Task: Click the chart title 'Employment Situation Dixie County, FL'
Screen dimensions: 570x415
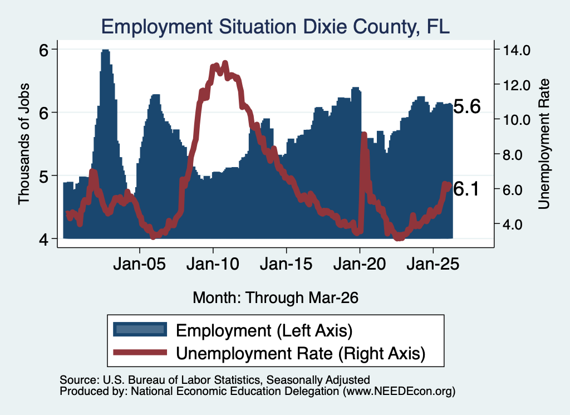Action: (x=275, y=27)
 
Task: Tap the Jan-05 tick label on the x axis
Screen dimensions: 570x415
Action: (x=140, y=263)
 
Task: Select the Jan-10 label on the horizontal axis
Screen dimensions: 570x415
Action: (x=213, y=263)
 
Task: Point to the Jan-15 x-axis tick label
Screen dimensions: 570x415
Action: (x=287, y=263)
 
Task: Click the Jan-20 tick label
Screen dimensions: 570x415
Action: (x=360, y=263)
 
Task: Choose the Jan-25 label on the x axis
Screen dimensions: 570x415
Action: (x=433, y=263)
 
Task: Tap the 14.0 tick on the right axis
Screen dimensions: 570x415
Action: (x=517, y=50)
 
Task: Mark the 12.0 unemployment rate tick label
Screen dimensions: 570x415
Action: (x=517, y=85)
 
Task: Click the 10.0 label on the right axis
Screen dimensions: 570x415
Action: (x=517, y=120)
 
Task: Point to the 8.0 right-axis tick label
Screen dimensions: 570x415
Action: (x=513, y=155)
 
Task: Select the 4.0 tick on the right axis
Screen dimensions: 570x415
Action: (x=513, y=224)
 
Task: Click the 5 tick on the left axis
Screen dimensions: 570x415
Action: (x=43, y=177)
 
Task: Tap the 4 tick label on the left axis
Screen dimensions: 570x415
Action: (x=43, y=240)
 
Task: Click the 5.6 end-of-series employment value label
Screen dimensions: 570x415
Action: (x=467, y=106)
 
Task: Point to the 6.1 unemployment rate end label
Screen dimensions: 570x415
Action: (x=466, y=189)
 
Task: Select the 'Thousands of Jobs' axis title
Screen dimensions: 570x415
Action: (x=23, y=144)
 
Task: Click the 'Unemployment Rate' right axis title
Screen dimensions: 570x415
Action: (x=544, y=144)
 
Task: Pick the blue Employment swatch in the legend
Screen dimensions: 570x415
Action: (x=140, y=330)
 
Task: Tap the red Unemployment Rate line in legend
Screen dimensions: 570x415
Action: (x=140, y=353)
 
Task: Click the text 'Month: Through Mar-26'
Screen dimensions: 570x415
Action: (x=276, y=297)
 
